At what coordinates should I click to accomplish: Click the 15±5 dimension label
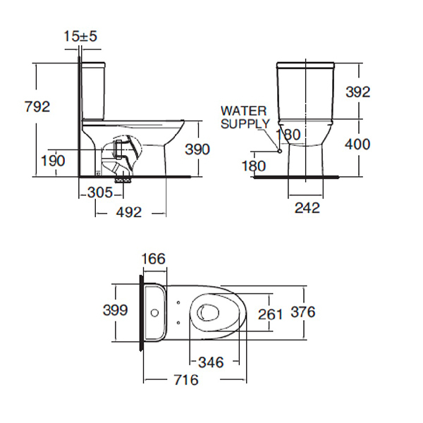[80, 36]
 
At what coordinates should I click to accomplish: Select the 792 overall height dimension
[37, 106]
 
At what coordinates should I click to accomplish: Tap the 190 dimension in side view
[53, 161]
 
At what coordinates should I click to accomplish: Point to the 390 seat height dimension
[197, 149]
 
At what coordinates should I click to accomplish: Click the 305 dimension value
[100, 192]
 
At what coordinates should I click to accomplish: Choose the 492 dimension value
[129, 212]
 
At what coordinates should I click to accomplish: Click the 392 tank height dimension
[358, 92]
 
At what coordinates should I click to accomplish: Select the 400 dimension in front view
[357, 145]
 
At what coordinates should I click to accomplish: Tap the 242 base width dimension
[307, 208]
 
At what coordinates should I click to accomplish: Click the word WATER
[244, 111]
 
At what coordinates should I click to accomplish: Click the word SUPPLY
[245, 124]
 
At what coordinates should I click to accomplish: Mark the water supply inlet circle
[279, 151]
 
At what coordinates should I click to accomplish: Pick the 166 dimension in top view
[154, 259]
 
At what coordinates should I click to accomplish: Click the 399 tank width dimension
[115, 310]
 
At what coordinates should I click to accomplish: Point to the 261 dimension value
[270, 314]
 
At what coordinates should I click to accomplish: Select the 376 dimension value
[303, 312]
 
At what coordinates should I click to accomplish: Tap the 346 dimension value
[211, 362]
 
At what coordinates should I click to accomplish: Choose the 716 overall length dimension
[186, 380]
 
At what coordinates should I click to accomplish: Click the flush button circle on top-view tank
[154, 313]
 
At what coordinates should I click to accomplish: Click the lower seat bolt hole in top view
[178, 322]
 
